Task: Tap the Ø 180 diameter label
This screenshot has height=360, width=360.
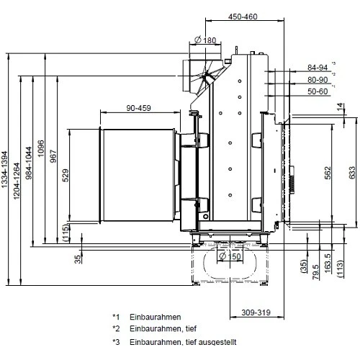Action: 205,40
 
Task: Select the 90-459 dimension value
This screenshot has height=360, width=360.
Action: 138,109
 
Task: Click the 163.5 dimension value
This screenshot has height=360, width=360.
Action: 328,261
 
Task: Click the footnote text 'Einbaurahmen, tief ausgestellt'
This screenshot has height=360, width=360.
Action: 183,343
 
